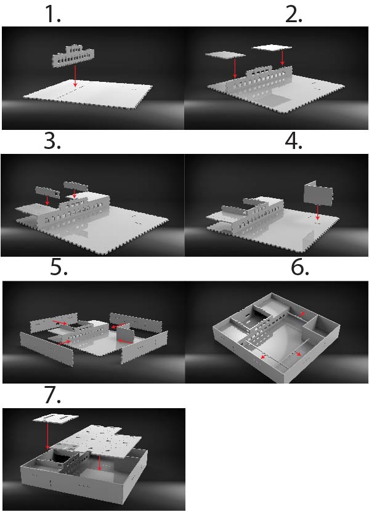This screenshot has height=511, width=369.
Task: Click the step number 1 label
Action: [x=52, y=15]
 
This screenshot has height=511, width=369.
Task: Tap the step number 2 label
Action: [x=293, y=15]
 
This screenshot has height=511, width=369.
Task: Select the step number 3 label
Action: [x=52, y=142]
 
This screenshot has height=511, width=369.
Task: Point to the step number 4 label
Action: [x=293, y=142]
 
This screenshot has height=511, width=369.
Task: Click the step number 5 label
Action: [x=59, y=268]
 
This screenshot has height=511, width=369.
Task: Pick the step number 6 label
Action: [x=300, y=268]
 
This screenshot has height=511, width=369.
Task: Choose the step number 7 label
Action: [x=52, y=395]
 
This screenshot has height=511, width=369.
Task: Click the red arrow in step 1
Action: [x=75, y=76]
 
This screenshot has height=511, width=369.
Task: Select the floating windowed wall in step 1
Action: [x=73, y=57]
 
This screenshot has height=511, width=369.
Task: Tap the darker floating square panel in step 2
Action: [x=225, y=55]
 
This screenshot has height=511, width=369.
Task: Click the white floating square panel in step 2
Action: [x=272, y=47]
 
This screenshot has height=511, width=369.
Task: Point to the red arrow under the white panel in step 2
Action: [x=282, y=58]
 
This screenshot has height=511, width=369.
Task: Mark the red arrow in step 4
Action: [x=317, y=212]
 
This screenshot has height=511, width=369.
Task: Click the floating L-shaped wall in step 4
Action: [x=318, y=193]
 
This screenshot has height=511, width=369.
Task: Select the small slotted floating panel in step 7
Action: [x=55, y=419]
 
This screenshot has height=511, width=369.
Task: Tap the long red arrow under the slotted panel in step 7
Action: [x=47, y=437]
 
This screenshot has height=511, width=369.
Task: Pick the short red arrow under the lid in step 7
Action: [x=99, y=463]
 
